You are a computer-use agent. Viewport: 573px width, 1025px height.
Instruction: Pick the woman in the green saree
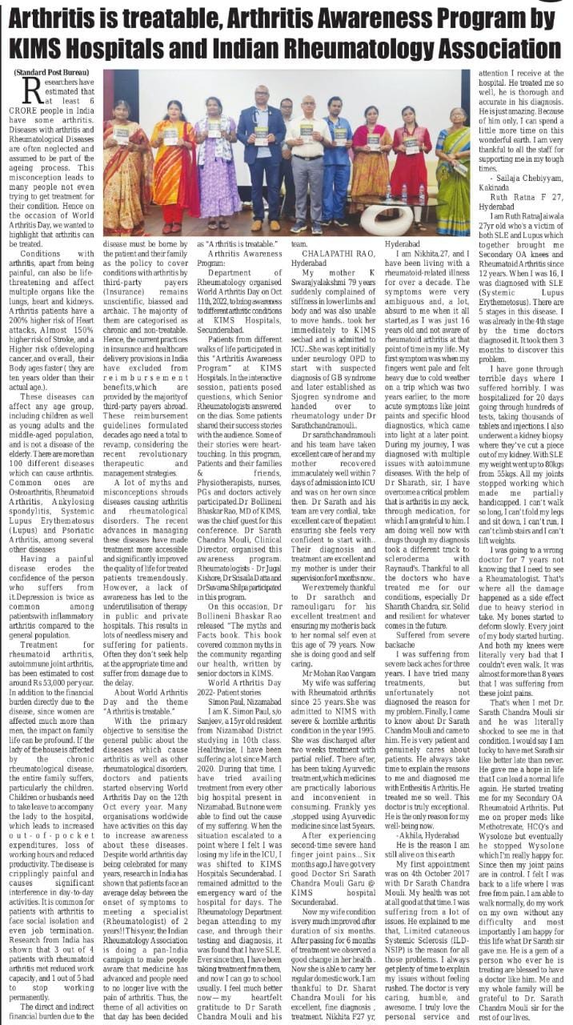tap(453, 168)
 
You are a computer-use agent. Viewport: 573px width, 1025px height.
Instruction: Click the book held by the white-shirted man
tap(306, 130)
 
